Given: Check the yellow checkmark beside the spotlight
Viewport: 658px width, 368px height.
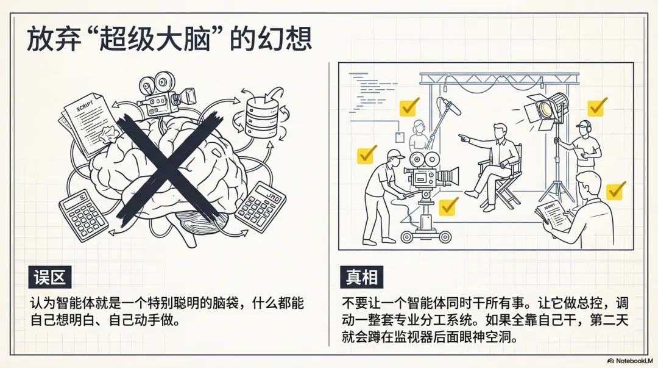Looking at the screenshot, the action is click(x=596, y=107).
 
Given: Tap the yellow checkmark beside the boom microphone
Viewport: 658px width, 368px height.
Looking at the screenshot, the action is click(x=408, y=107).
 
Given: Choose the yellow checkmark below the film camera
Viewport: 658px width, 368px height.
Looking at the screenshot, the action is click(x=449, y=206).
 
